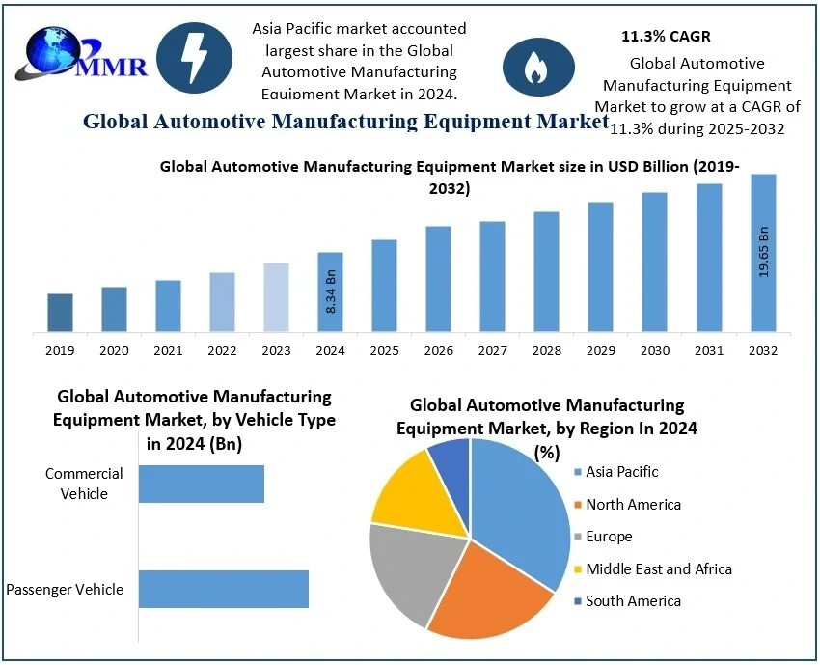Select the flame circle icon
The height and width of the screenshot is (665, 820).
coord(532,67)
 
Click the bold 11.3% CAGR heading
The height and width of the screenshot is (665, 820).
coord(666,37)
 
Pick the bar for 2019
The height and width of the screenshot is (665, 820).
coord(60,313)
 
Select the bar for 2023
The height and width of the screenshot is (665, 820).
coord(276,297)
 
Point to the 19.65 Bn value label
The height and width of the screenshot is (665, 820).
coord(764,253)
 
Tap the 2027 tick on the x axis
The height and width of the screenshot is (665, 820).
coord(492,350)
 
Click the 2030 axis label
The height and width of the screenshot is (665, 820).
coord(654,350)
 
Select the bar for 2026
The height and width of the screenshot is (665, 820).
coord(438,279)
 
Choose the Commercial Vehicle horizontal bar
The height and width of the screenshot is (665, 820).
coord(201,484)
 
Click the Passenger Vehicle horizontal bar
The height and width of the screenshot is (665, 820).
coord(223,589)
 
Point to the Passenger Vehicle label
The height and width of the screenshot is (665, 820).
coord(65,589)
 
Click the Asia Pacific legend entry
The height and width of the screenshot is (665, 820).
coord(621,472)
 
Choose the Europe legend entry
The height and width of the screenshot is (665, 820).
coord(609,537)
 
